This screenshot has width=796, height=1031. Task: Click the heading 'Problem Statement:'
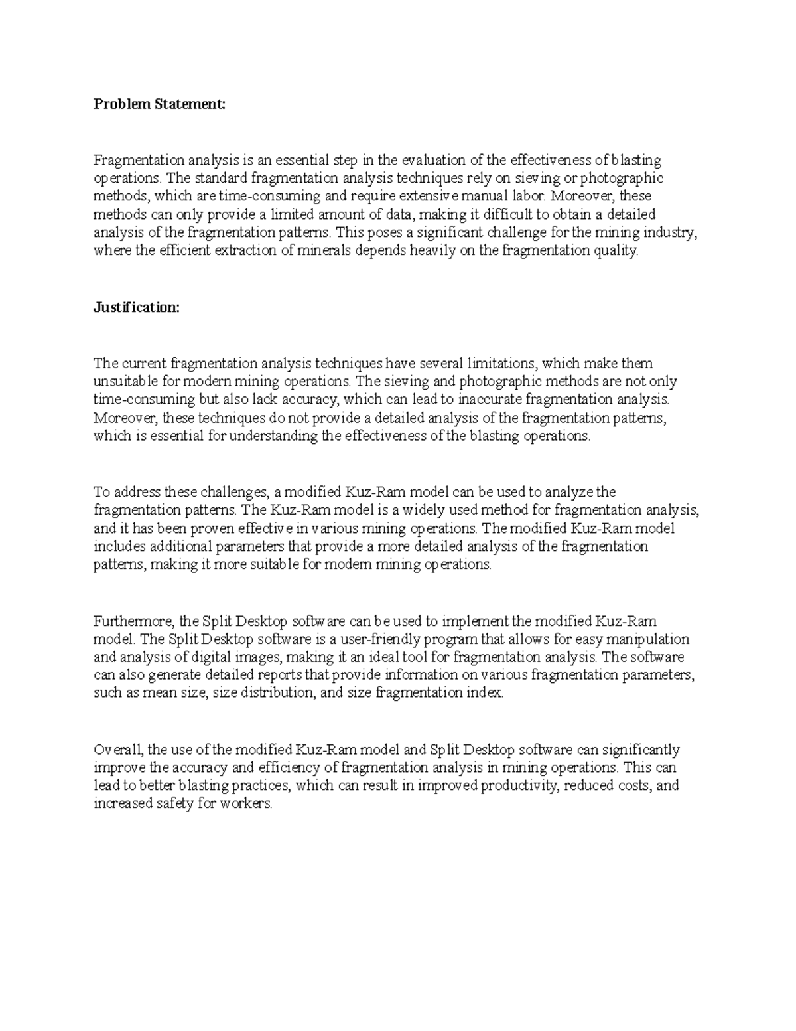tap(159, 104)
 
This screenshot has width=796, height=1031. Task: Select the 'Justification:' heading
tap(136, 307)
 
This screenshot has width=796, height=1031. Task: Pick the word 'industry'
tap(673, 232)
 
